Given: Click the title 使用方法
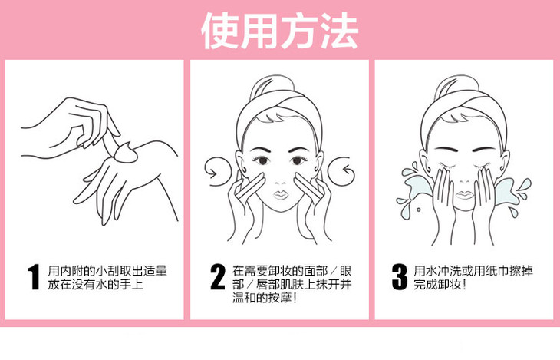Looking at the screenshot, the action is (x=280, y=31).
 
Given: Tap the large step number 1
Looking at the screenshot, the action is (x=34, y=276).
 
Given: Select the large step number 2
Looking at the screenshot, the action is (x=218, y=276).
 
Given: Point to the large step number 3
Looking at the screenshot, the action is (x=400, y=276).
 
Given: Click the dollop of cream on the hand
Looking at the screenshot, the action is (x=126, y=152).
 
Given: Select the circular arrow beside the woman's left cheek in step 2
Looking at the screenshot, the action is (x=341, y=171).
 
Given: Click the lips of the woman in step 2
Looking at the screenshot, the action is (x=281, y=195).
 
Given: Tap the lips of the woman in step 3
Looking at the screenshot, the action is (x=465, y=195).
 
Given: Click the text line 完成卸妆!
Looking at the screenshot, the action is (x=440, y=285).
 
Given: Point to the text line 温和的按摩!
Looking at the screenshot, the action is (x=265, y=298).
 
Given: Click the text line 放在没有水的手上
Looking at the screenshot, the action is (x=95, y=285).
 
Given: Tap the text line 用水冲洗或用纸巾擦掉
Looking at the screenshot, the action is (x=473, y=271).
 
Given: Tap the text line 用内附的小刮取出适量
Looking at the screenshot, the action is (x=107, y=271).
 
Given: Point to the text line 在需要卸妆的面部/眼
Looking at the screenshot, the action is (x=292, y=271).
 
